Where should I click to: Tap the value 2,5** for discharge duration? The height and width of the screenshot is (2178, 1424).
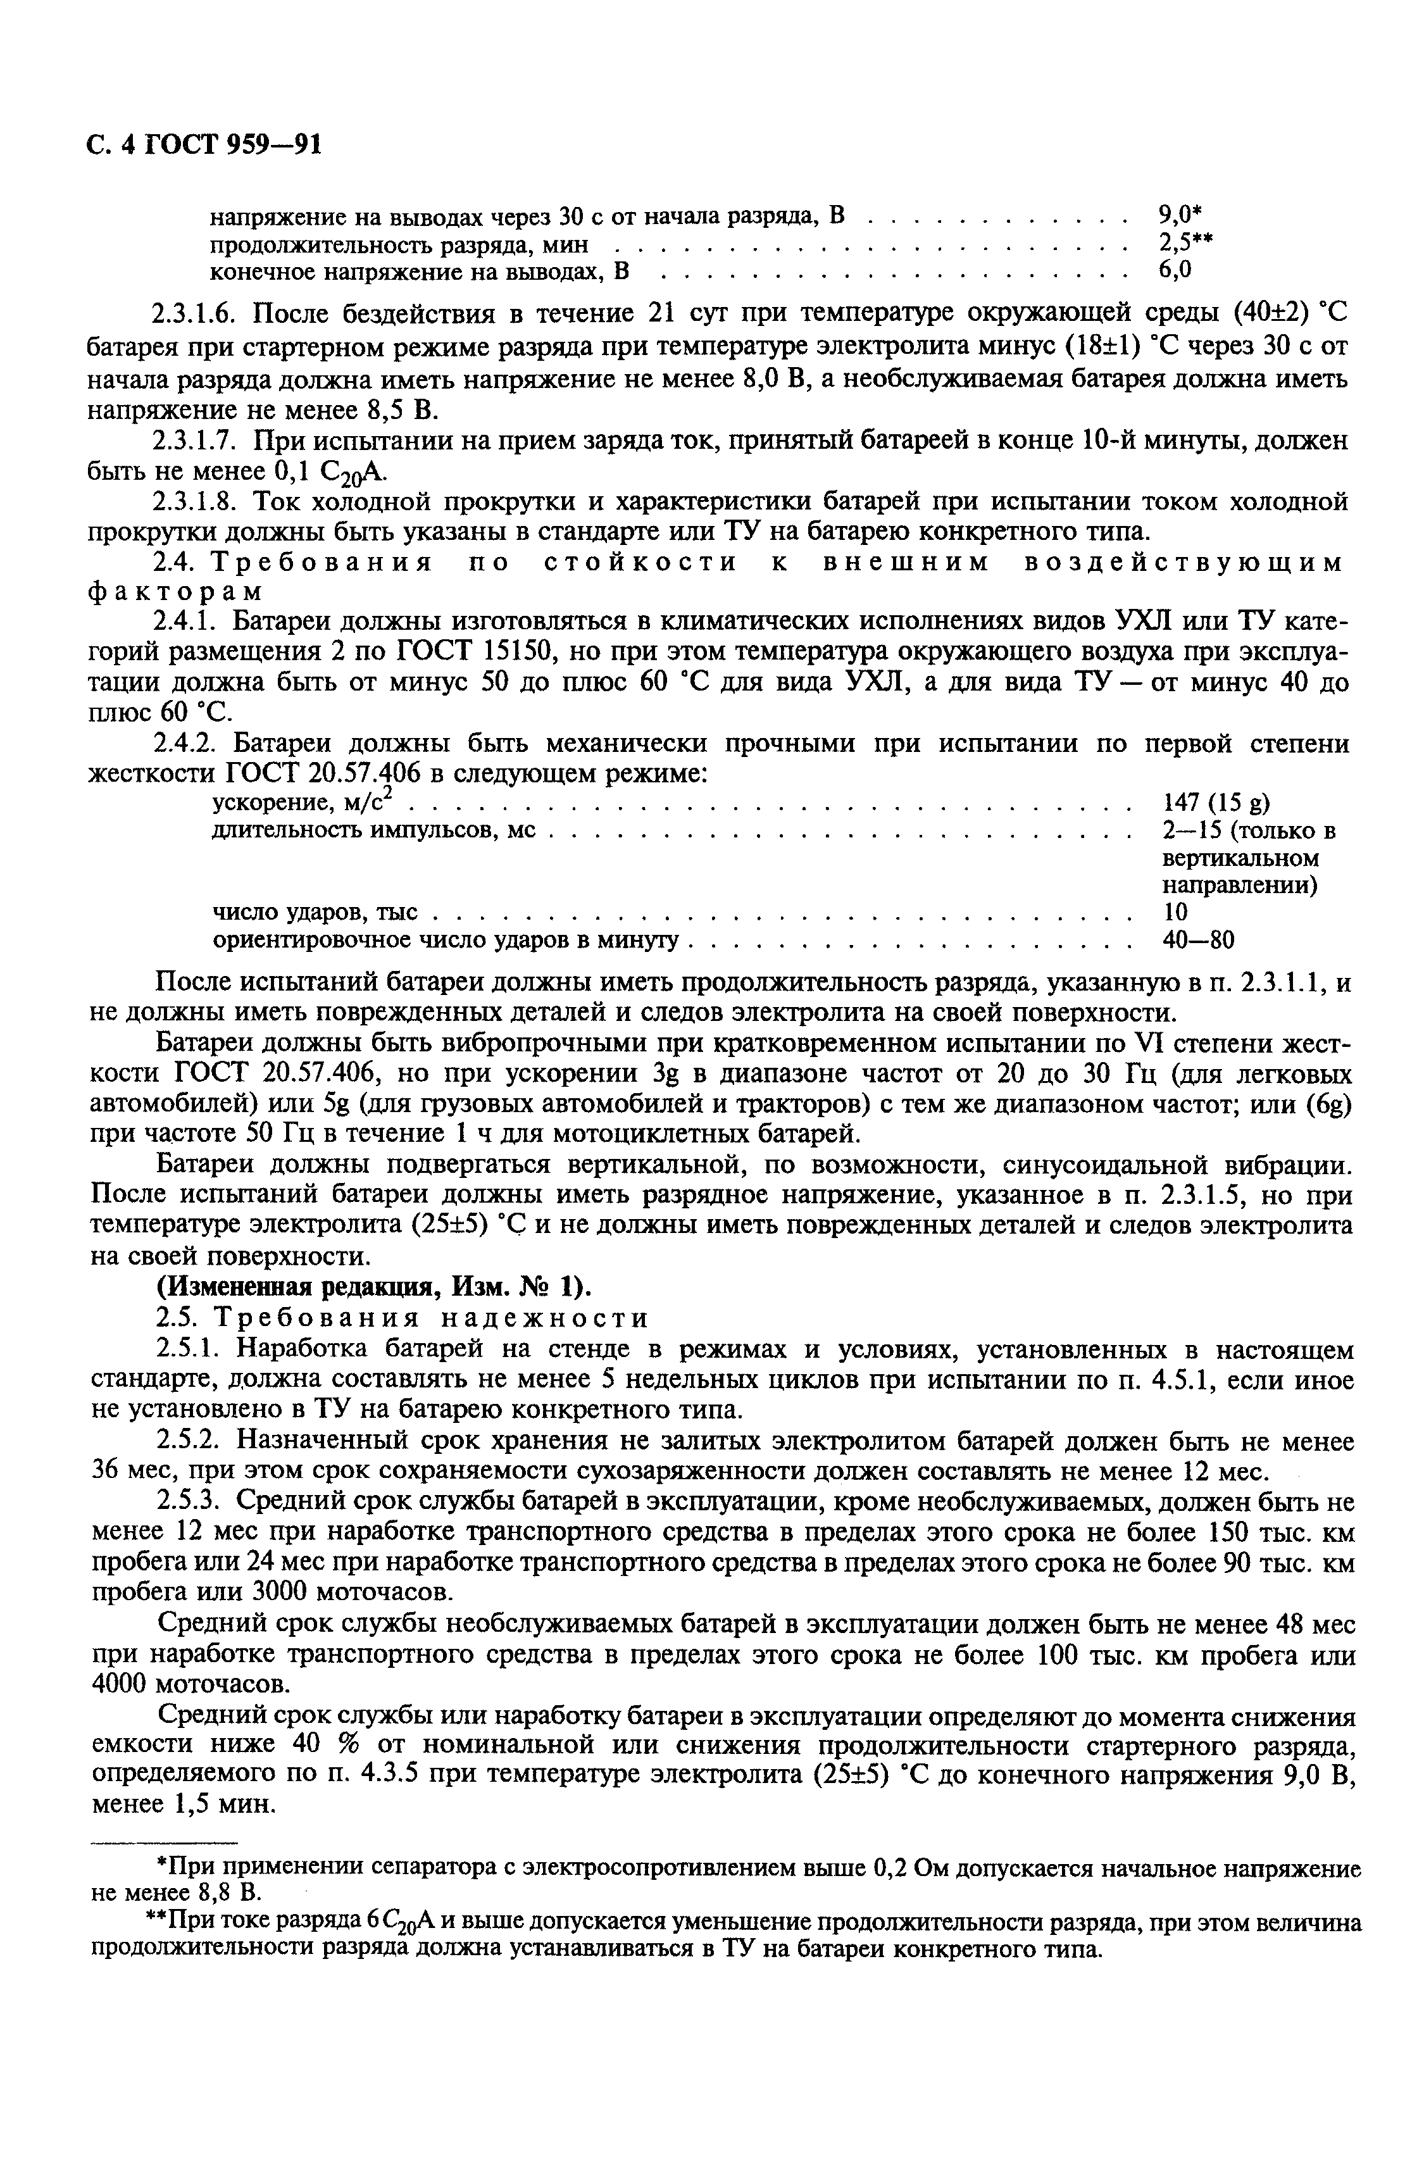1185,244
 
